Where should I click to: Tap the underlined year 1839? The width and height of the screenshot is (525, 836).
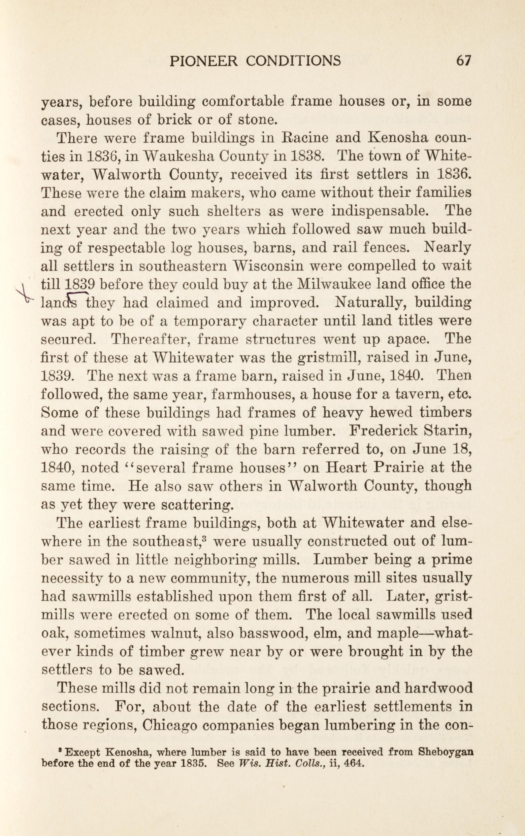(80, 285)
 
